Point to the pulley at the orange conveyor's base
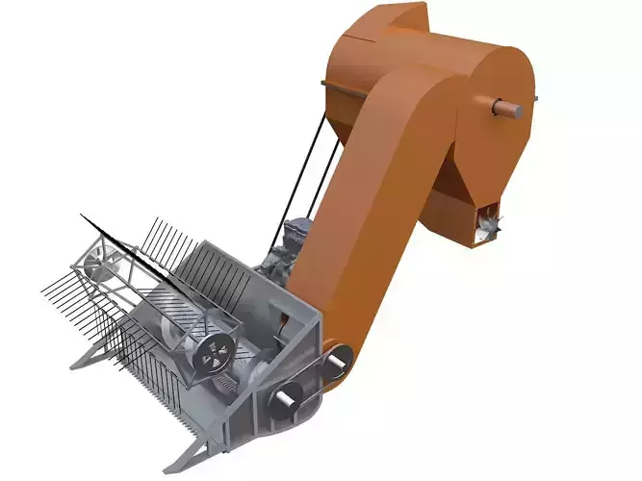(334, 360)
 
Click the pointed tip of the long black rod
(81, 215)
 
